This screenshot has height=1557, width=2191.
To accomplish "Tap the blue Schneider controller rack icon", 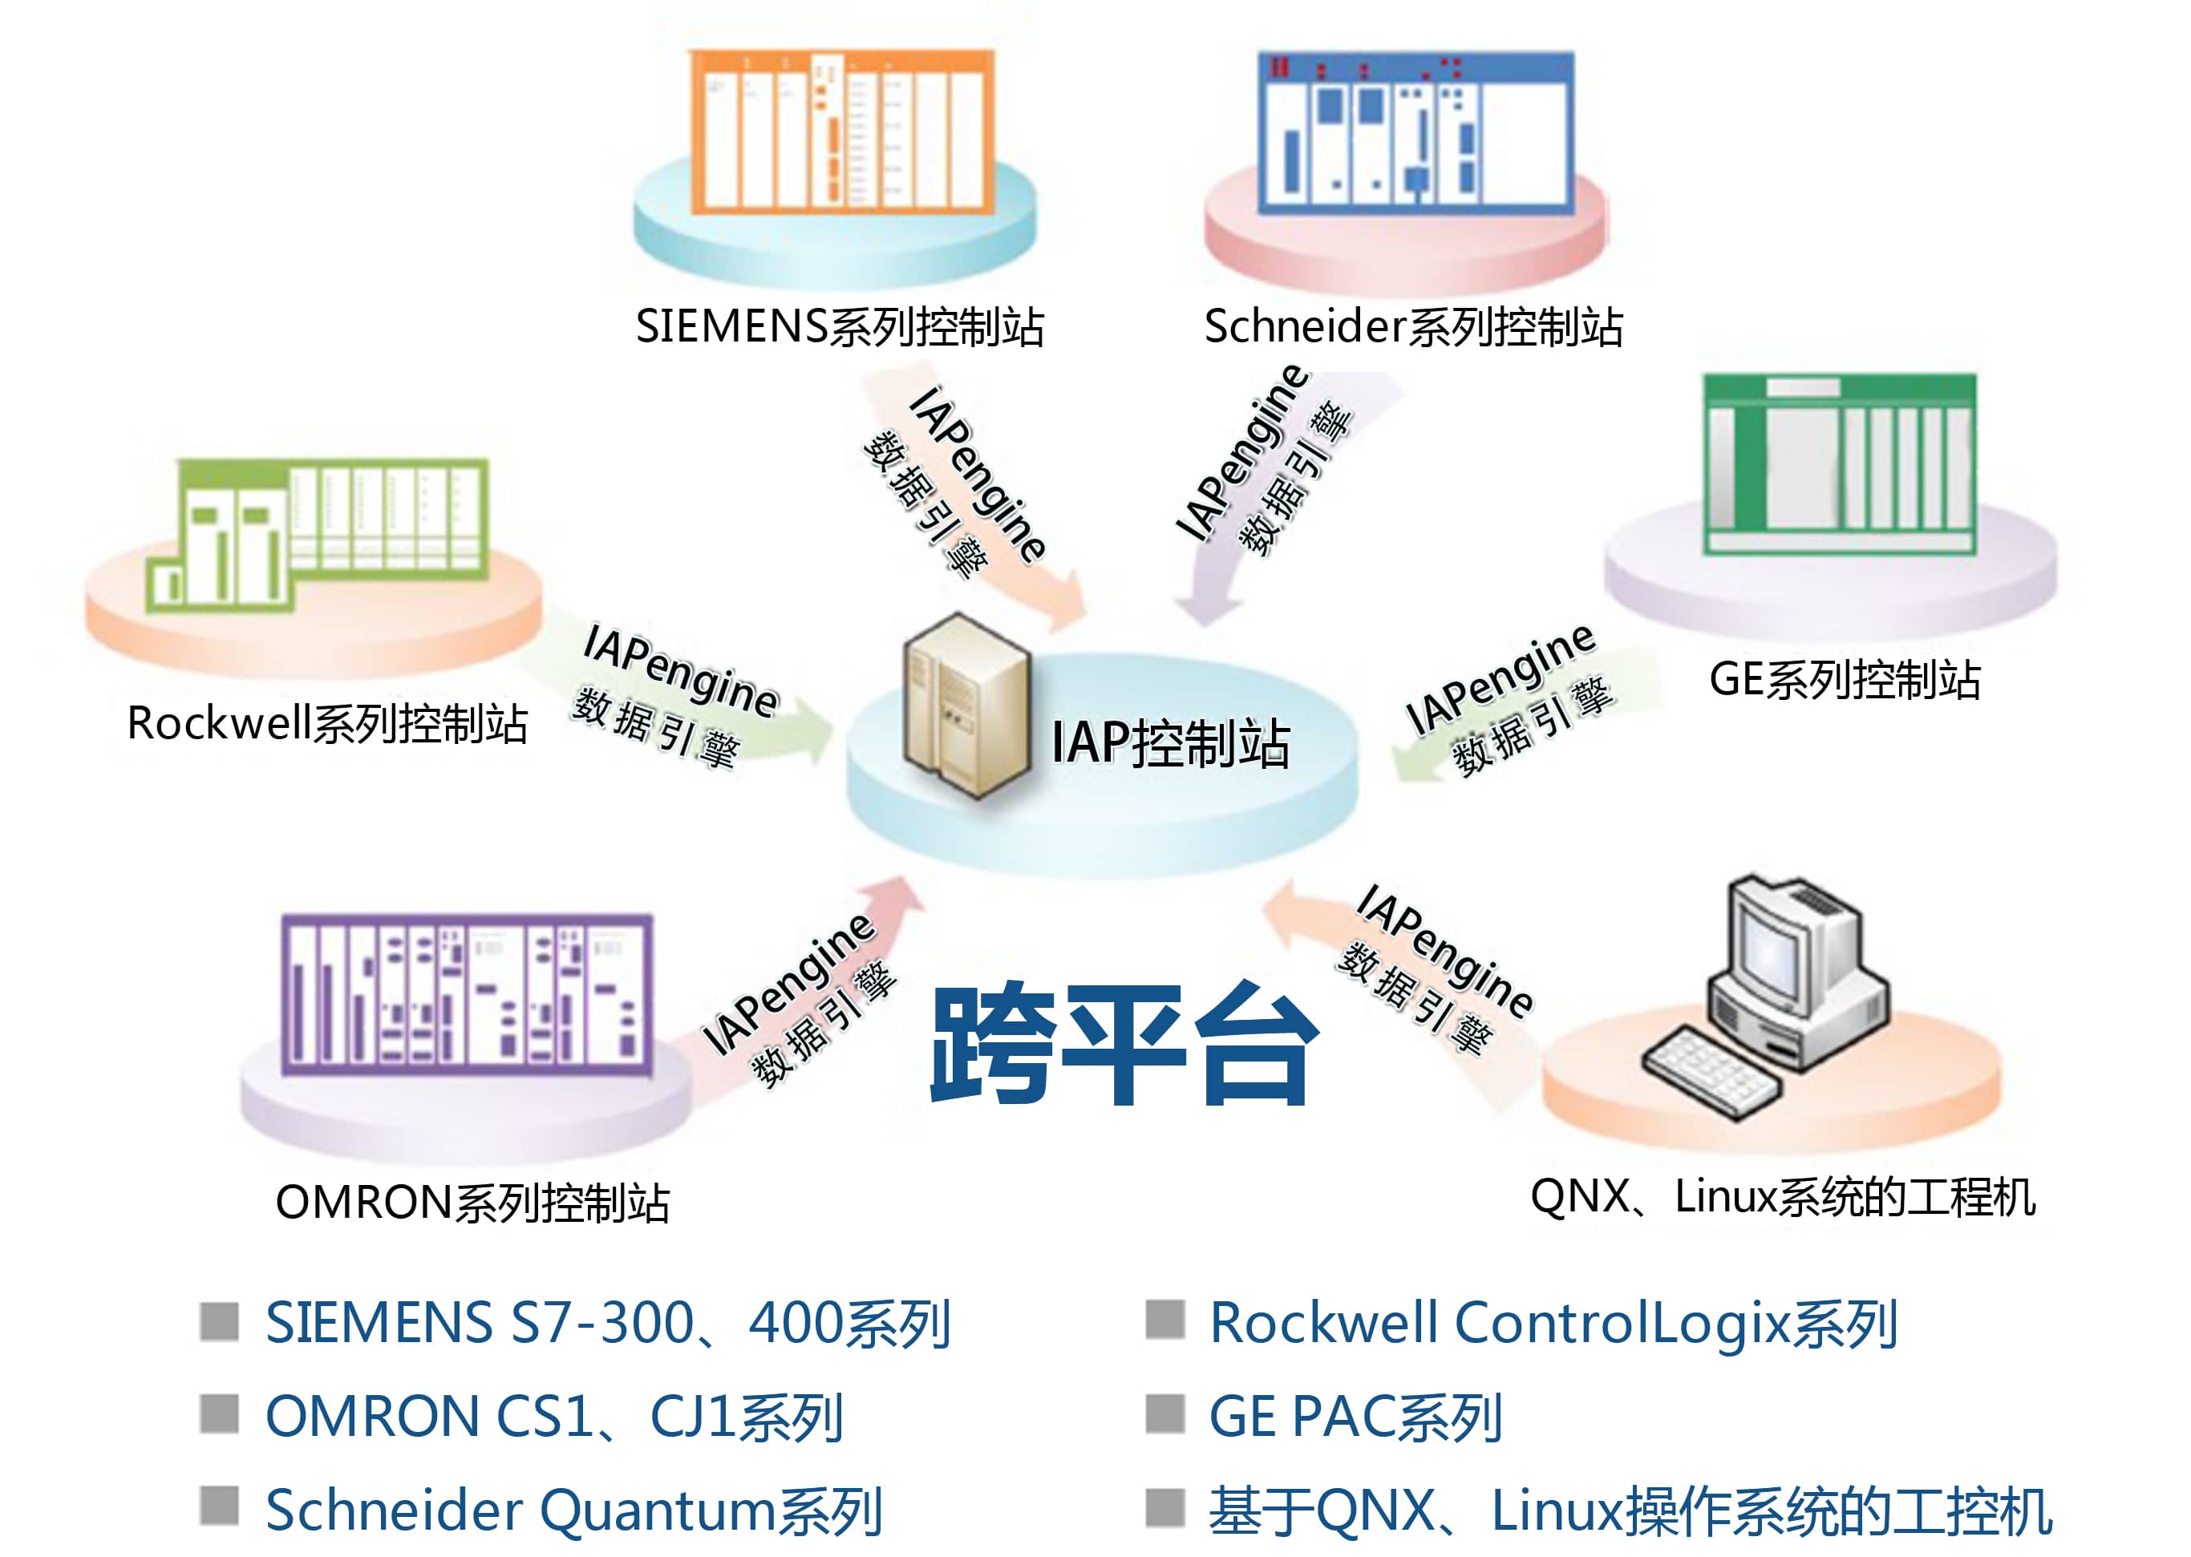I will click(1415, 131).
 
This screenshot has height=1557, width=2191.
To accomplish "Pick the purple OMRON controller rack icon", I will click(467, 994).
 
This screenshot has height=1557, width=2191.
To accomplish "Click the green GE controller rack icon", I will click(1838, 464).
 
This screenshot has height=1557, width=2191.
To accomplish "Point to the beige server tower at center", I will click(965, 706).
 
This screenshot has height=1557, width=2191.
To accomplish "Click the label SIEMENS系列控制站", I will click(839, 327).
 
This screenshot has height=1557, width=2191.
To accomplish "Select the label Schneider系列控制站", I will click(1413, 327).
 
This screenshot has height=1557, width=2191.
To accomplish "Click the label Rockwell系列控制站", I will click(327, 724).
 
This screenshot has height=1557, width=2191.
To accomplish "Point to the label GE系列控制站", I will click(1844, 680).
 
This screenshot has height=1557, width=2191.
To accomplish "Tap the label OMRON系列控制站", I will click(472, 1203).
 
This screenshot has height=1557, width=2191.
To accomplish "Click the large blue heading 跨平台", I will click(1124, 1045).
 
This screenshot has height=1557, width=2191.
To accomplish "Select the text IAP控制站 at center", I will click(1170, 743).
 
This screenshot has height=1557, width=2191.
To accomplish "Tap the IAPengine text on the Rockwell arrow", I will click(681, 669).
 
